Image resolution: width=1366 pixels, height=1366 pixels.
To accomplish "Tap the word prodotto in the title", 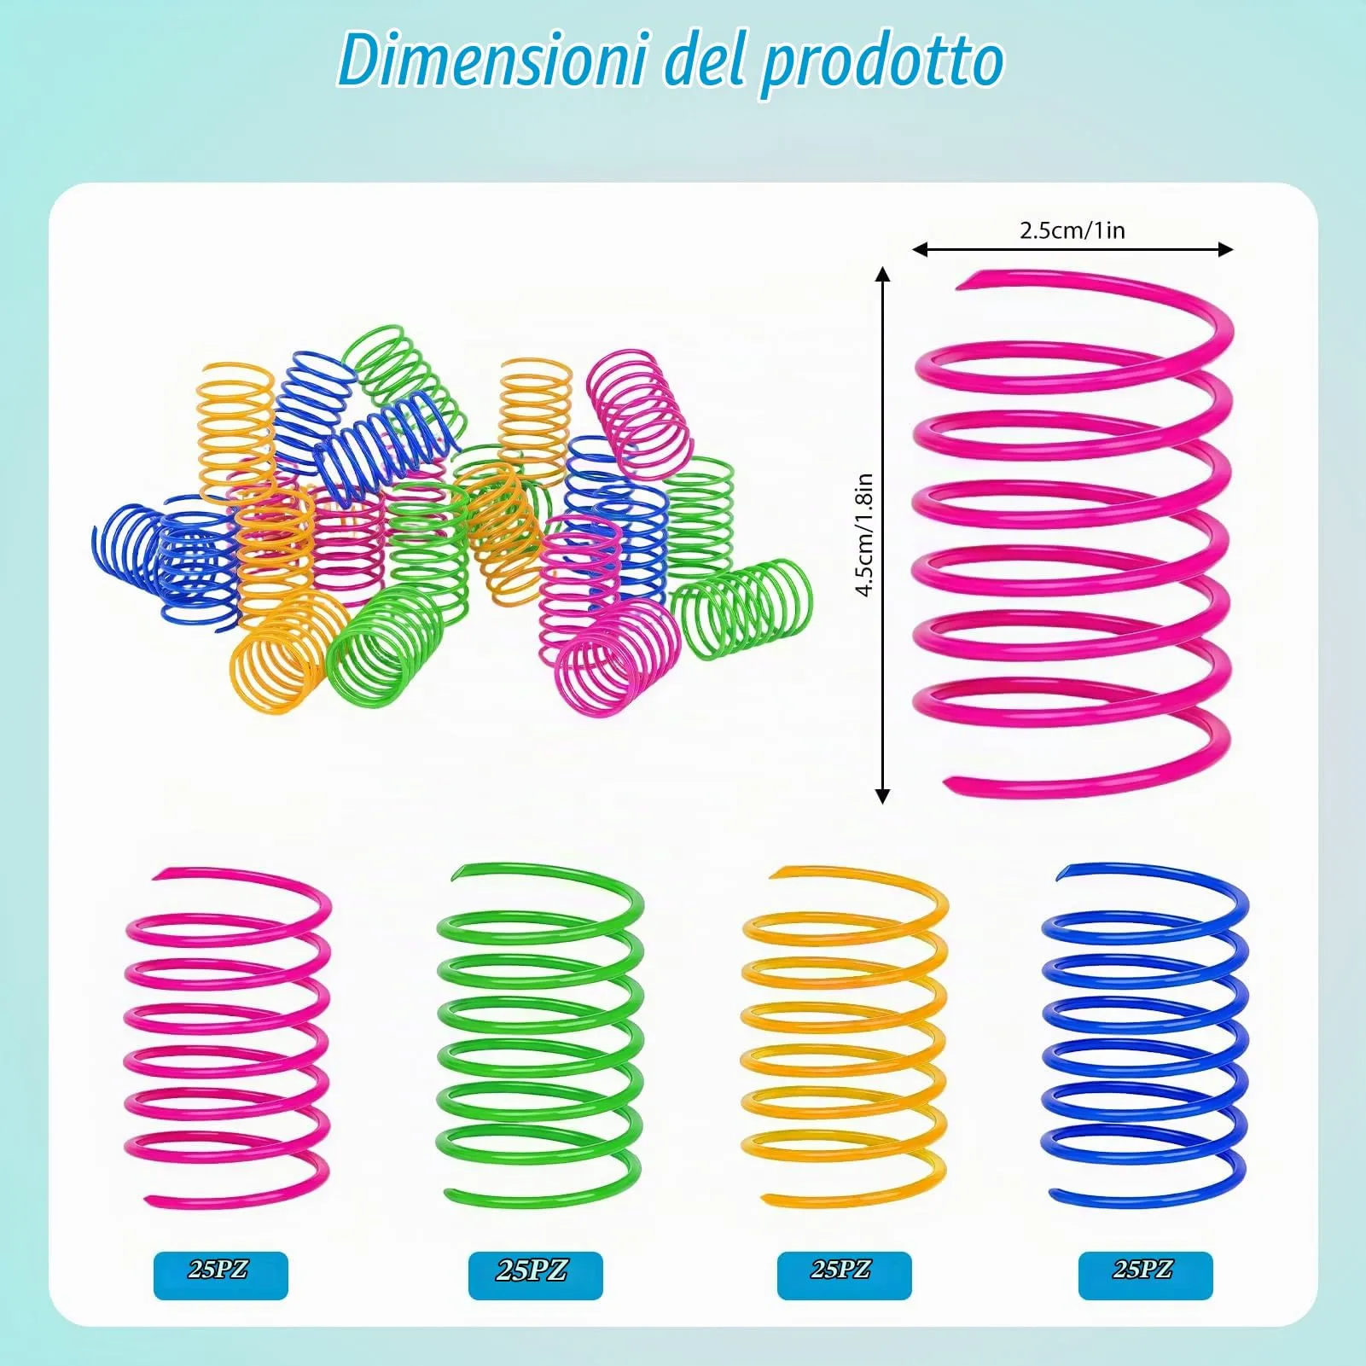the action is click(881, 65).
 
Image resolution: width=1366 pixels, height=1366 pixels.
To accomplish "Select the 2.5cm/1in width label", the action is click(1072, 230).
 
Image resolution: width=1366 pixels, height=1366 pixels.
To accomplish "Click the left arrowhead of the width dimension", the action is click(920, 249).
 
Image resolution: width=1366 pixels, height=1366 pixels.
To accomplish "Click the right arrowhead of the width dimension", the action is click(1226, 249).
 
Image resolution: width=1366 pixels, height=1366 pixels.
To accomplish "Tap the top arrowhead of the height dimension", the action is click(883, 274).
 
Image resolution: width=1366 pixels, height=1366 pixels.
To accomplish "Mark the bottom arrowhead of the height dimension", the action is click(883, 796).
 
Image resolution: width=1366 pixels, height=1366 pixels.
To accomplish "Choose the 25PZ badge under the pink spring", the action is click(220, 1276).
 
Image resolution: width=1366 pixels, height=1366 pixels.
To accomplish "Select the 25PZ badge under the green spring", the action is click(535, 1276).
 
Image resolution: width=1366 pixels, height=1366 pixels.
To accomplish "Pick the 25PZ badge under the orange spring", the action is click(844, 1276).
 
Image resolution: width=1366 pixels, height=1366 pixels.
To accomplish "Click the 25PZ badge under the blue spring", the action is click(1145, 1276).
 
